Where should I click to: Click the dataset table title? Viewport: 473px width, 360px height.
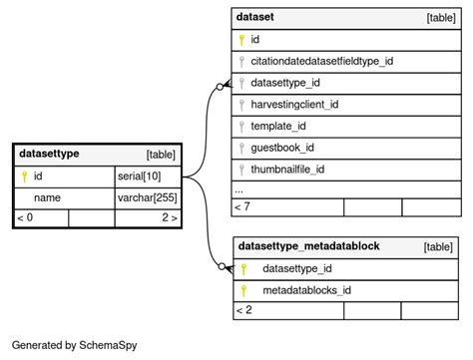255,17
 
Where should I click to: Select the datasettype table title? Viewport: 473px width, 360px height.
49,154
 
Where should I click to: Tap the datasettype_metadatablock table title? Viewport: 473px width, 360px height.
307,246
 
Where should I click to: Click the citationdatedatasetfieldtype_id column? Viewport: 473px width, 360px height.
321,61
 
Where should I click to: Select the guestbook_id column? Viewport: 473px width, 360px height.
282,148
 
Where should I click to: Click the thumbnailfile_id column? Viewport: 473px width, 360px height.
287,170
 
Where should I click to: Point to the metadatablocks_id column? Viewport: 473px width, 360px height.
305,290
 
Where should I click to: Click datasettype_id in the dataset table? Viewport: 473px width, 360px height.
285,83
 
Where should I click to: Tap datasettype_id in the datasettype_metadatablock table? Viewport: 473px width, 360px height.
297,268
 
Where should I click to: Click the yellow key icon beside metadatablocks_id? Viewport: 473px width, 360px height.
242,290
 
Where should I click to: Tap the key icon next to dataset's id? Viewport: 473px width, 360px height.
241,40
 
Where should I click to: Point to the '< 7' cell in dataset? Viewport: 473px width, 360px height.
242,206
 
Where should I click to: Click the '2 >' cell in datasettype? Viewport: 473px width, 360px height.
169,218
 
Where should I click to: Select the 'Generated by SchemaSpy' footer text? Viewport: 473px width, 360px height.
74,345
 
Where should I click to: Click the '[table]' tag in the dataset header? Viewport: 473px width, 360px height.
441,18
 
